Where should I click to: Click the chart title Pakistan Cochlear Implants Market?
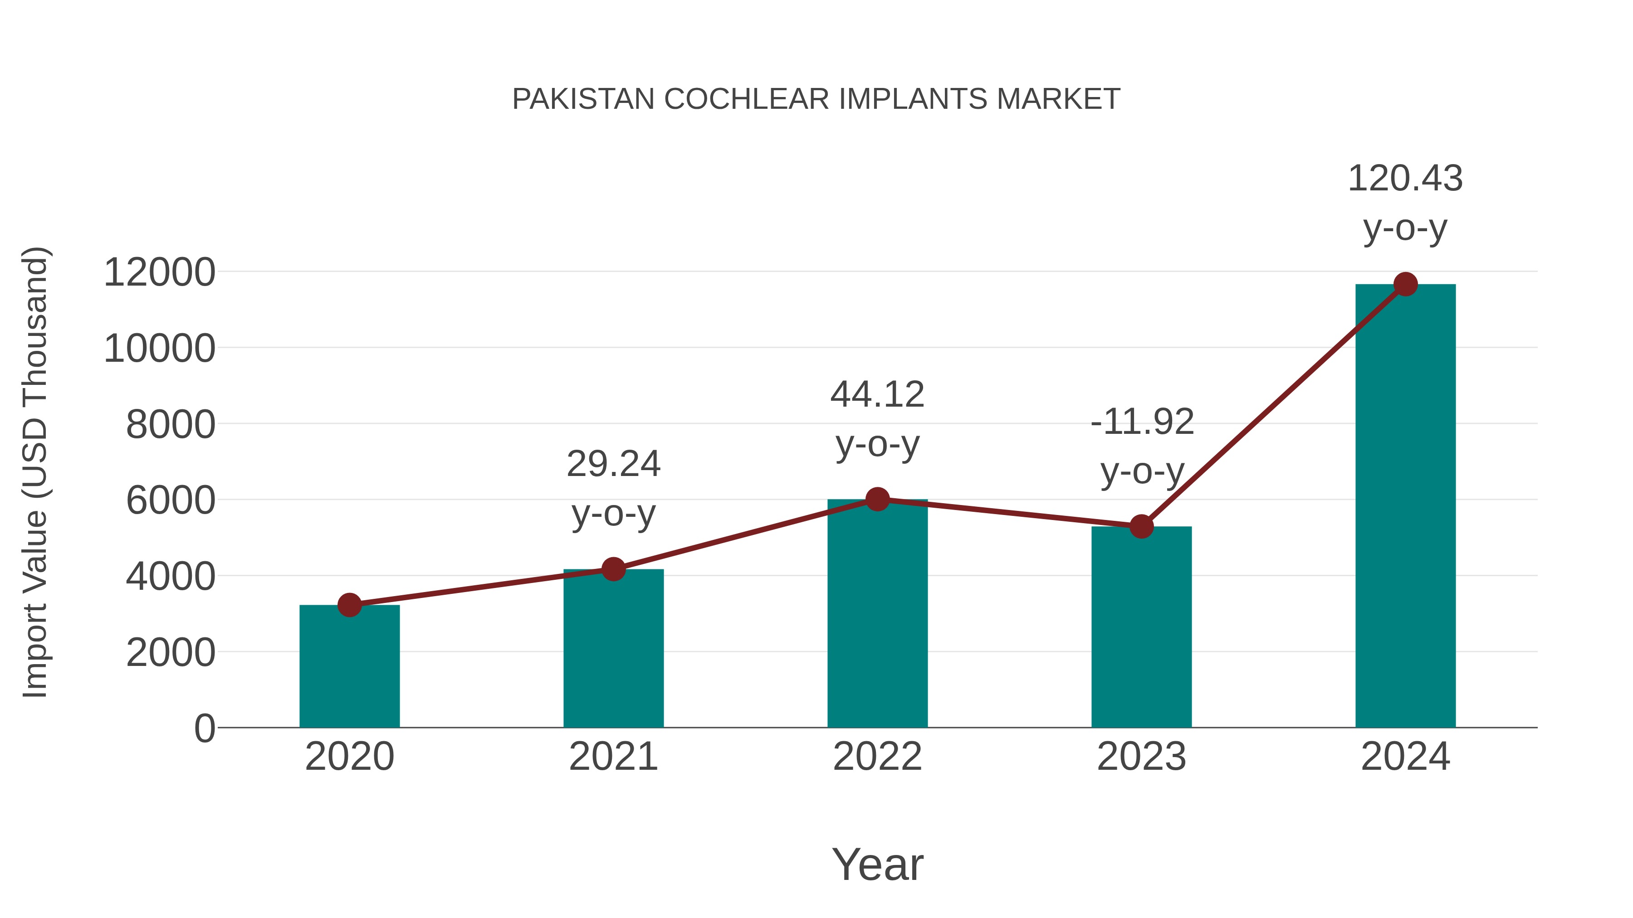(816, 99)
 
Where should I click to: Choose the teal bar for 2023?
(1141, 627)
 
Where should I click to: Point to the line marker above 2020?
(349, 605)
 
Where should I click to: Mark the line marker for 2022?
(877, 499)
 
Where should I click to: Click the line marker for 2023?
(1141, 526)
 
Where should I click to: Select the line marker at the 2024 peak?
(1405, 284)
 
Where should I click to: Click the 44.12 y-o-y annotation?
(877, 419)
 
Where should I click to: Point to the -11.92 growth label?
(1142, 446)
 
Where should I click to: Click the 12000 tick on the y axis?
(160, 272)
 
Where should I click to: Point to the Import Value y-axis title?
(35, 472)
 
